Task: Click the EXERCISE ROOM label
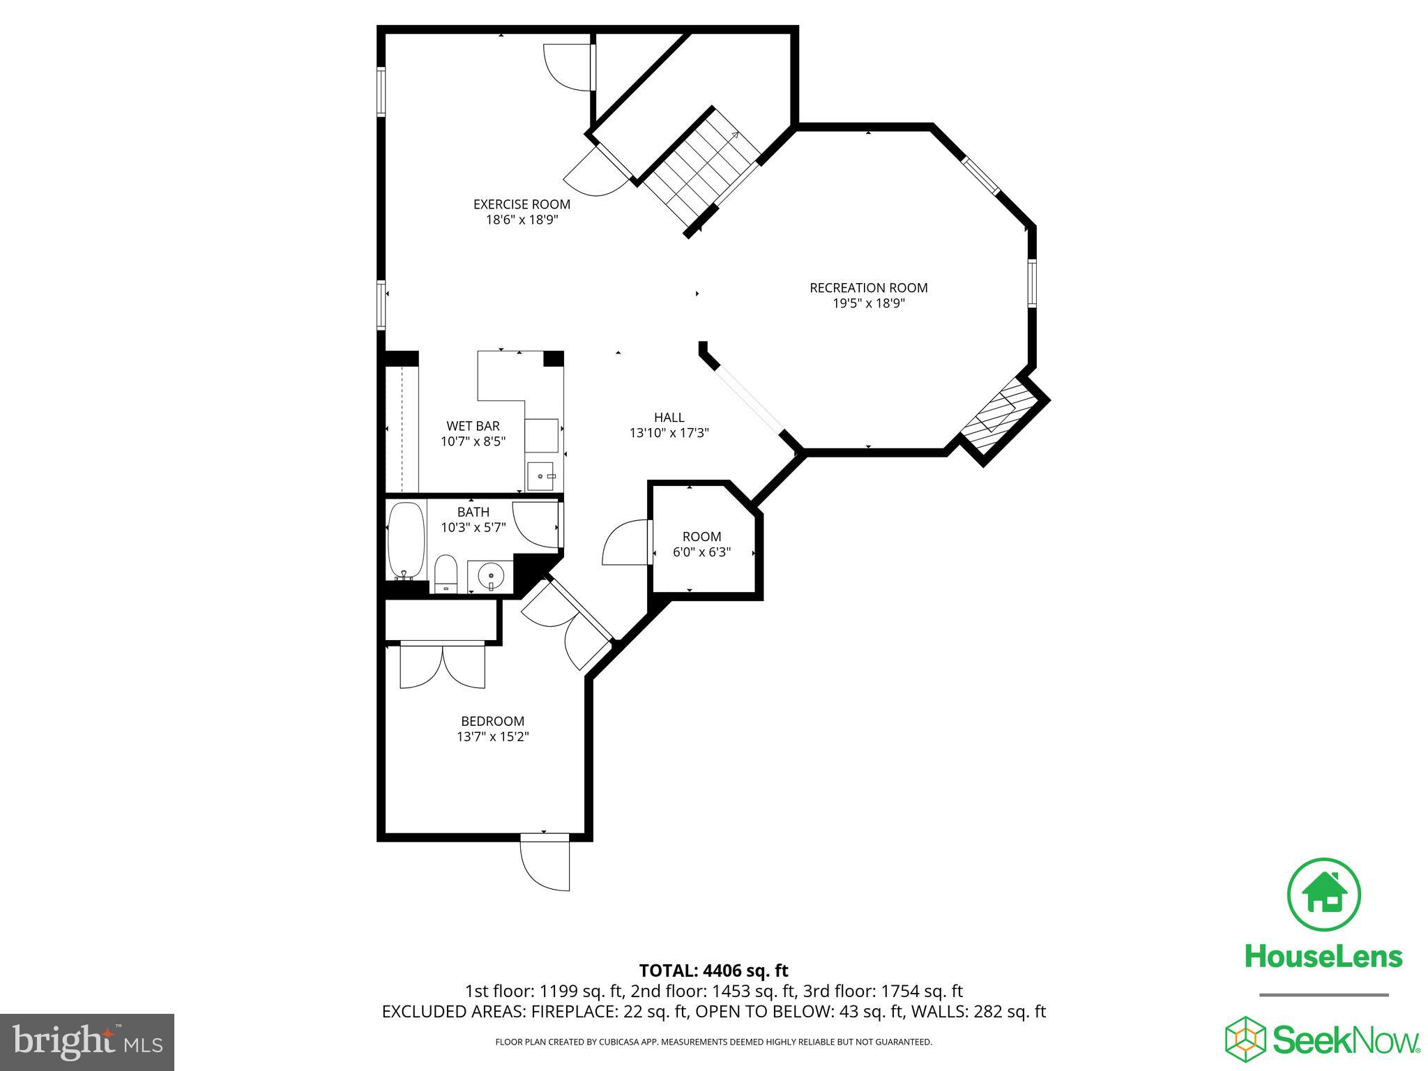522,204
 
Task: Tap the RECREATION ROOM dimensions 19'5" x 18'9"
868,303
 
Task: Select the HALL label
669,417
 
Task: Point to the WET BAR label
473,426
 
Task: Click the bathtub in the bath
405,540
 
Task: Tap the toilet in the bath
445,573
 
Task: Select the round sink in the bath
490,577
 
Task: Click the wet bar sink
540,477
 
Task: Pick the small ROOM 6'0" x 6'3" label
701,544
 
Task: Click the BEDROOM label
492,721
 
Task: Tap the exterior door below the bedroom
546,864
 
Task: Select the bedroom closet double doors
442,666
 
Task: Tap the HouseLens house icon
1323,895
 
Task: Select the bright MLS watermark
87,1042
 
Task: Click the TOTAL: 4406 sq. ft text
713,971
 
